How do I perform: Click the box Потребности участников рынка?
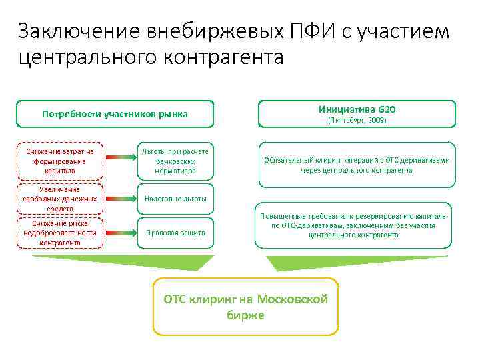coord(115,114)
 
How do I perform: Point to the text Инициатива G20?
coord(356,109)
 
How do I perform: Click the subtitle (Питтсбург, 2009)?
coord(356,121)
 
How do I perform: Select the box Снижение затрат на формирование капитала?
coord(60,161)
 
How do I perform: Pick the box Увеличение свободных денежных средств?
coord(60,199)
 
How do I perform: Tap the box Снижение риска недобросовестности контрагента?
coord(60,233)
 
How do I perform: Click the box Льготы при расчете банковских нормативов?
coord(175,161)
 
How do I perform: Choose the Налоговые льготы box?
coord(175,199)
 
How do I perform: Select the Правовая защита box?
coord(175,233)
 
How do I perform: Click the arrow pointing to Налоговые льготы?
coord(121,199)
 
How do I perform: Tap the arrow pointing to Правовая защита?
coord(121,233)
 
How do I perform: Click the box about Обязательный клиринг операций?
coord(356,165)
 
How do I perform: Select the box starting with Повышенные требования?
coord(356,225)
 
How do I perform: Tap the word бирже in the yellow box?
coord(245,315)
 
